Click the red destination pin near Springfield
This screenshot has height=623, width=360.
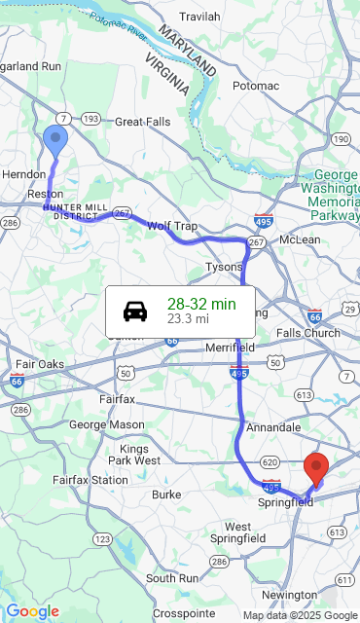[x=316, y=468]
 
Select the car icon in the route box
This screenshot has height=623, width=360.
[x=135, y=311]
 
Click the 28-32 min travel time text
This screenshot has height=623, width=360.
[x=201, y=304]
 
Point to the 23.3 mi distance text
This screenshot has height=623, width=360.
[x=188, y=318]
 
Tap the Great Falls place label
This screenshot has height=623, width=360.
[x=143, y=123]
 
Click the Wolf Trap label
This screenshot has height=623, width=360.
[x=172, y=226]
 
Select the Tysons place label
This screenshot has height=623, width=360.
[x=224, y=266]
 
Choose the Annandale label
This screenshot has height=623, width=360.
[x=273, y=427]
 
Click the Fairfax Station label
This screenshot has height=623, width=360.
[x=90, y=480]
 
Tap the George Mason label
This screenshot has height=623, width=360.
[x=106, y=424]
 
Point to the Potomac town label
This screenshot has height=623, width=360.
[x=256, y=86]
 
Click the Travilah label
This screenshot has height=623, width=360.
[x=199, y=17]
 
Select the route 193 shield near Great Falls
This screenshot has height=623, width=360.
[x=90, y=119]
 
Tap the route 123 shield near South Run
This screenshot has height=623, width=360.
[x=102, y=538]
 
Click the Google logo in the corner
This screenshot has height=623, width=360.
[x=32, y=611]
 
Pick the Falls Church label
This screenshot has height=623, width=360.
[x=308, y=333]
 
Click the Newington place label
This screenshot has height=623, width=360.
[x=289, y=595]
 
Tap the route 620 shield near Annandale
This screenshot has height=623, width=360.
[x=270, y=462]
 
